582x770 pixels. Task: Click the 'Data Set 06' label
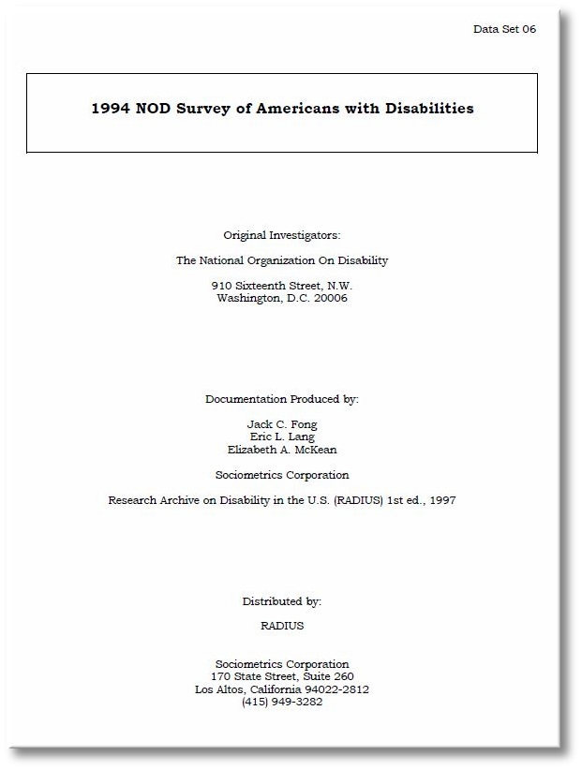coord(504,29)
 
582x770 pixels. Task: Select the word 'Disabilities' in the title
coord(428,109)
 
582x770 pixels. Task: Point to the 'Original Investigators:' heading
coord(281,235)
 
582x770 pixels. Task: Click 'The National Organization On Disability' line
coord(281,260)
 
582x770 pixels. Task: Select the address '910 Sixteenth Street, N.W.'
coord(281,286)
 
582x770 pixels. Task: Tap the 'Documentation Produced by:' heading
coord(281,399)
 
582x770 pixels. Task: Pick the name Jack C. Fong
coord(281,424)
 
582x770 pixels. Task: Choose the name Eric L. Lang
coord(281,437)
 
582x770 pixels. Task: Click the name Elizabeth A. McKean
coord(281,450)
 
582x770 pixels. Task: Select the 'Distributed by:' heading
coord(281,601)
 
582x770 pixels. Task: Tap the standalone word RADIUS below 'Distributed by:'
coord(281,626)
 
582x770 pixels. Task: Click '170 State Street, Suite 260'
coord(281,676)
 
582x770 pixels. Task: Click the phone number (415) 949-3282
coord(281,702)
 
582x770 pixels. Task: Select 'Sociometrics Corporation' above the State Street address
coord(281,664)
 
